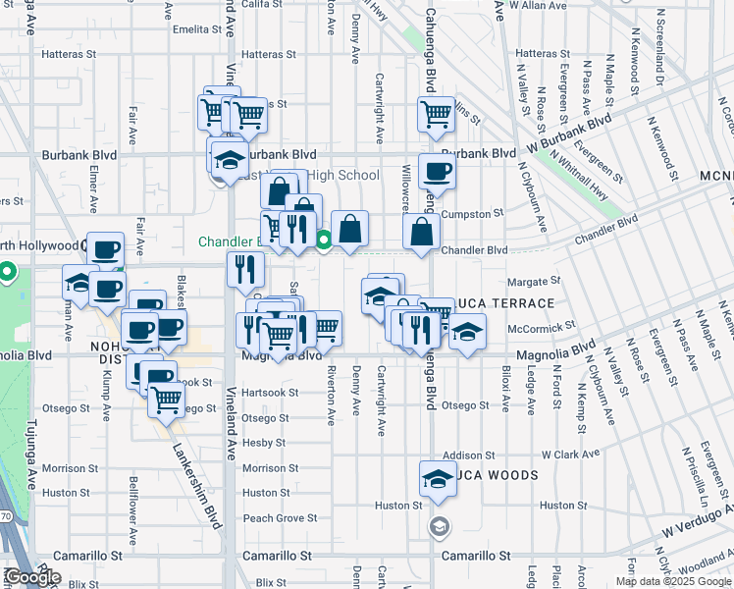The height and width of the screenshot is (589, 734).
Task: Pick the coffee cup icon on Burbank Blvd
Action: tap(437, 171)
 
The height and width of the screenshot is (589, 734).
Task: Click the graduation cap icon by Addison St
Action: tap(437, 477)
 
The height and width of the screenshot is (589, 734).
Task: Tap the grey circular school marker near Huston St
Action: tap(439, 527)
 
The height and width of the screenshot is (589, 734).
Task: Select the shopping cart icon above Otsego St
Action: tap(167, 400)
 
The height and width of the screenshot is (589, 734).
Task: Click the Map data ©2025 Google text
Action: tap(674, 581)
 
